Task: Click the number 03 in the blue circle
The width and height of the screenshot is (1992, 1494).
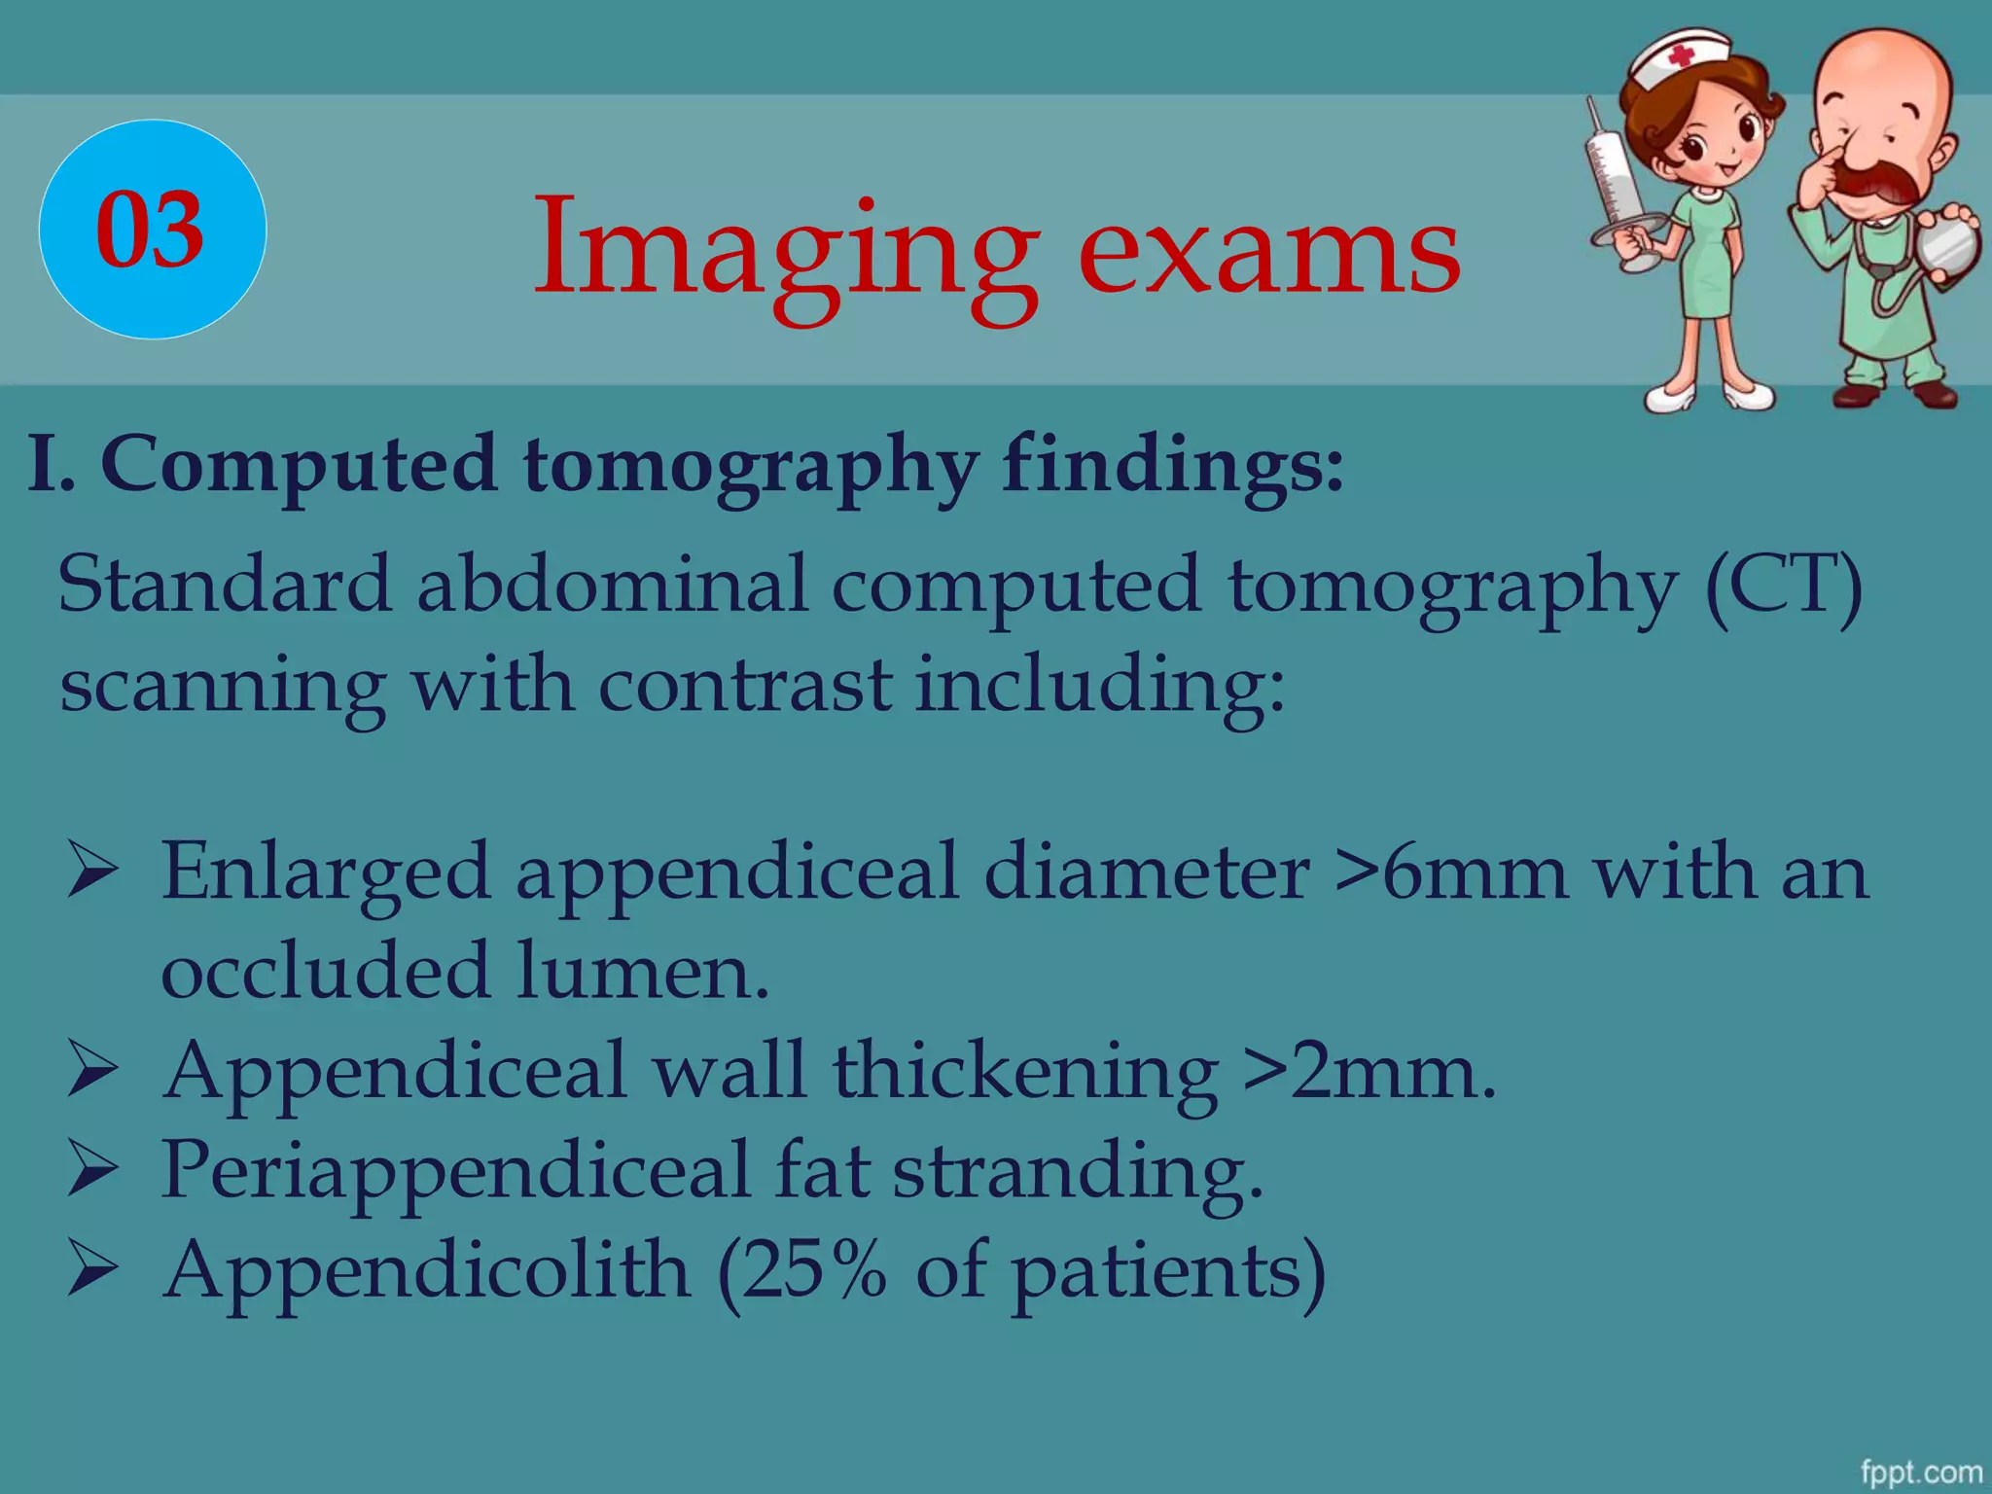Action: point(151,230)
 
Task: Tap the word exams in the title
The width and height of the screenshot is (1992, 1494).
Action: point(1269,251)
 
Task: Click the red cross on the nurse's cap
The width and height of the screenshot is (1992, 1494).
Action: point(1681,57)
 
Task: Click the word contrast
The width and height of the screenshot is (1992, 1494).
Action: point(744,685)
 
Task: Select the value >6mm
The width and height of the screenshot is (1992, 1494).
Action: point(1450,871)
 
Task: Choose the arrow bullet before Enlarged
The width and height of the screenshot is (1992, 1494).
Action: point(92,871)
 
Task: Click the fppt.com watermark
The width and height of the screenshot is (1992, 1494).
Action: point(1920,1472)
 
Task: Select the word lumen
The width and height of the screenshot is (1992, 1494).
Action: point(642,971)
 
